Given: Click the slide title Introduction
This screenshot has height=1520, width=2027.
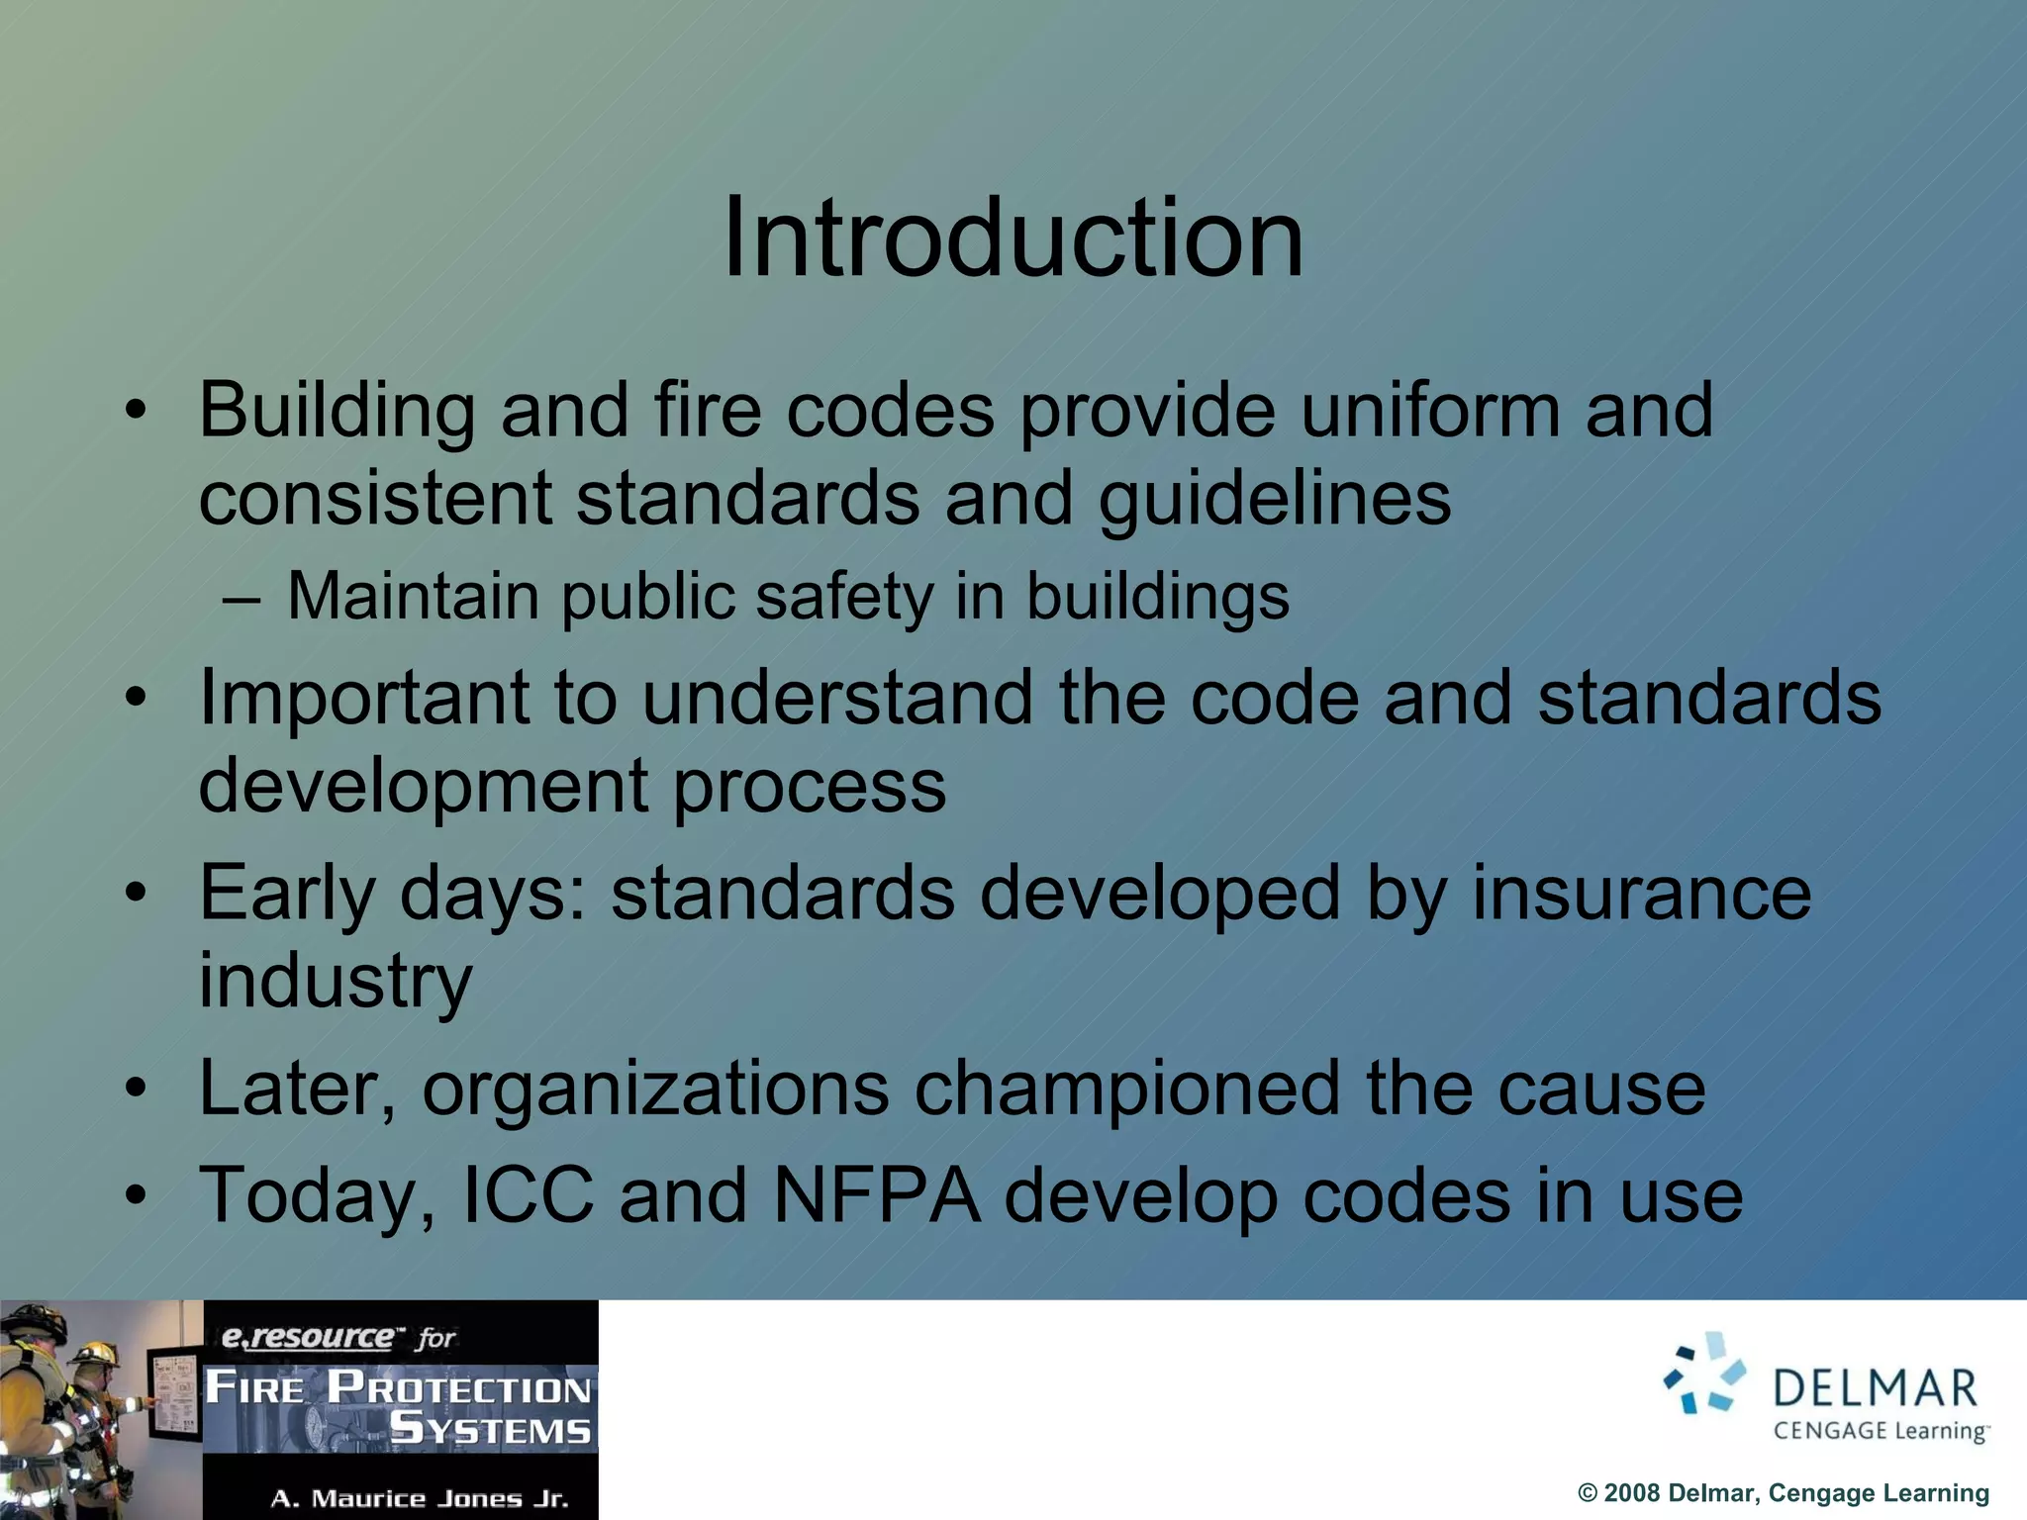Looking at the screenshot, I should point(1013,238).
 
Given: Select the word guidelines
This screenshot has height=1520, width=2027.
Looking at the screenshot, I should point(1275,499).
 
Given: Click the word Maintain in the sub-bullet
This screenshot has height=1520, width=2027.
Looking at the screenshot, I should point(412,597).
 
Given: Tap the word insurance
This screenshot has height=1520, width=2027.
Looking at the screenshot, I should point(1641,893).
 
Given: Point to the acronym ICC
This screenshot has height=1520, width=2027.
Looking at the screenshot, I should point(529,1195).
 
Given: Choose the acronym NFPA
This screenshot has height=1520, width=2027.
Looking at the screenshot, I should point(877,1195).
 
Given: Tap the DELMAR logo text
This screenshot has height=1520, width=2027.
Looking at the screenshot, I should point(1876,1388).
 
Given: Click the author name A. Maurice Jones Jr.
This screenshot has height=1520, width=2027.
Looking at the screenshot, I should point(420,1498).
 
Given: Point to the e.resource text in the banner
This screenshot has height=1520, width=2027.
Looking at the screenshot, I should point(307,1338).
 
